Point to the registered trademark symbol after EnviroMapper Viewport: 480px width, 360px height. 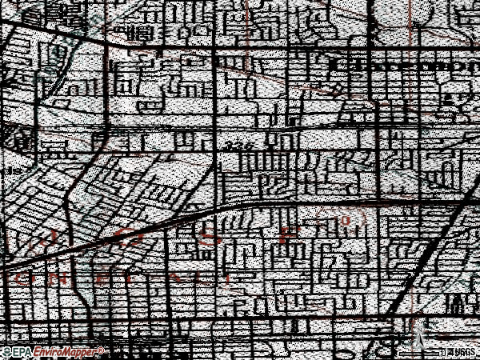[99, 350]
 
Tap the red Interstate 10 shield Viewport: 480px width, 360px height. [346, 219]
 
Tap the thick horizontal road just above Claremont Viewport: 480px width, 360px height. [384, 50]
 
